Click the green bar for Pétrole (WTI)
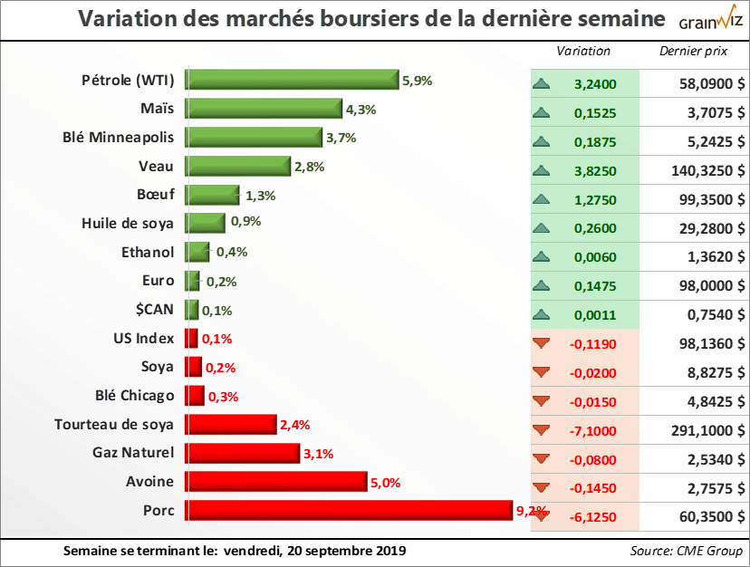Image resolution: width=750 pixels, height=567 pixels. click(x=292, y=80)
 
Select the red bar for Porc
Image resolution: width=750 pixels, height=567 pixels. click(x=350, y=510)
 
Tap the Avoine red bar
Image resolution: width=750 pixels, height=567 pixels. click(x=275, y=481)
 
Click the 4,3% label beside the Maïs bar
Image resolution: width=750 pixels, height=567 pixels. click(x=361, y=110)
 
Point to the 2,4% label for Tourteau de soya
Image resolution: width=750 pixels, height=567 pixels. click(x=296, y=424)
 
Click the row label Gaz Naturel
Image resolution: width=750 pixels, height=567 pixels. click(x=135, y=452)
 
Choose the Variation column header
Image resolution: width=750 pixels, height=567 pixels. click(x=583, y=52)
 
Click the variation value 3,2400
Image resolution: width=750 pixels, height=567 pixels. click(x=595, y=85)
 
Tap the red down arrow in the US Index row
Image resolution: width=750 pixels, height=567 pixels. click(x=542, y=344)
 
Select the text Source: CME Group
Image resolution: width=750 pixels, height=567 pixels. click(x=686, y=551)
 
